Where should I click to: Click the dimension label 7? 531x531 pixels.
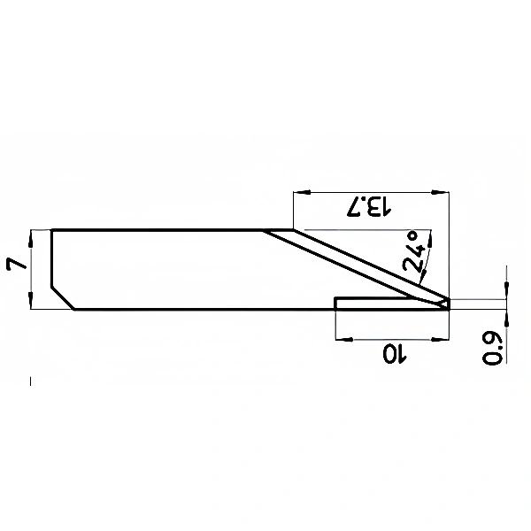(16, 264)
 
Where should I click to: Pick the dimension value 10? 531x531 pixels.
(394, 354)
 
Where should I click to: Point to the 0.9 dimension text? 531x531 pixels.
(492, 349)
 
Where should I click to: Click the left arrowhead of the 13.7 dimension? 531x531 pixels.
(302, 192)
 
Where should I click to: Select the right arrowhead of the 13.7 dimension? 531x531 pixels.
(440, 192)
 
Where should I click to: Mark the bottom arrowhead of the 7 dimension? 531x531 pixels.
(31, 300)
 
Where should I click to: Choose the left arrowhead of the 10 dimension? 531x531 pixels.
(343, 339)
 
